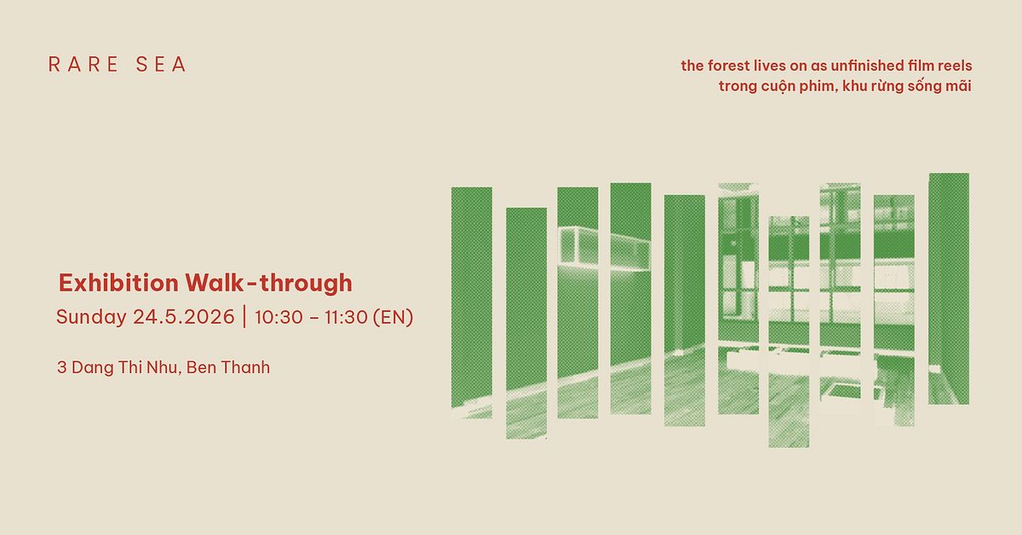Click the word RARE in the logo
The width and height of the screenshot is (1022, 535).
point(84,65)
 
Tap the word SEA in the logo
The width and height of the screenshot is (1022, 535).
point(161,65)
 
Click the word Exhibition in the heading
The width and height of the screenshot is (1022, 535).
point(118,283)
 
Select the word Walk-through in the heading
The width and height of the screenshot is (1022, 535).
point(269,283)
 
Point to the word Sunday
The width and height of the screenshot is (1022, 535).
point(91,317)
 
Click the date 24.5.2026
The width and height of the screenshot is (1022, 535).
point(184,317)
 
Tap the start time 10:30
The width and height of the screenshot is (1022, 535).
point(278,317)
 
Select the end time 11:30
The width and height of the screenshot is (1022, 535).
point(346,317)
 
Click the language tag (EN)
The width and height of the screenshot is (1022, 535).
point(393,317)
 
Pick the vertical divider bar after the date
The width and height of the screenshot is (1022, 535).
point(244,317)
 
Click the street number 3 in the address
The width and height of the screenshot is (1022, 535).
point(61,367)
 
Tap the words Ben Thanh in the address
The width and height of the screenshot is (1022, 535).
point(228,367)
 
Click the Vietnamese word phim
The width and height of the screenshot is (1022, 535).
point(819,86)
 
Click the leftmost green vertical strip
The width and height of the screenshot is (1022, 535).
point(472,302)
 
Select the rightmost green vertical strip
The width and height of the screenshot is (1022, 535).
point(949,289)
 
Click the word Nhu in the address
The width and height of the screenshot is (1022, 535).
point(164,367)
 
